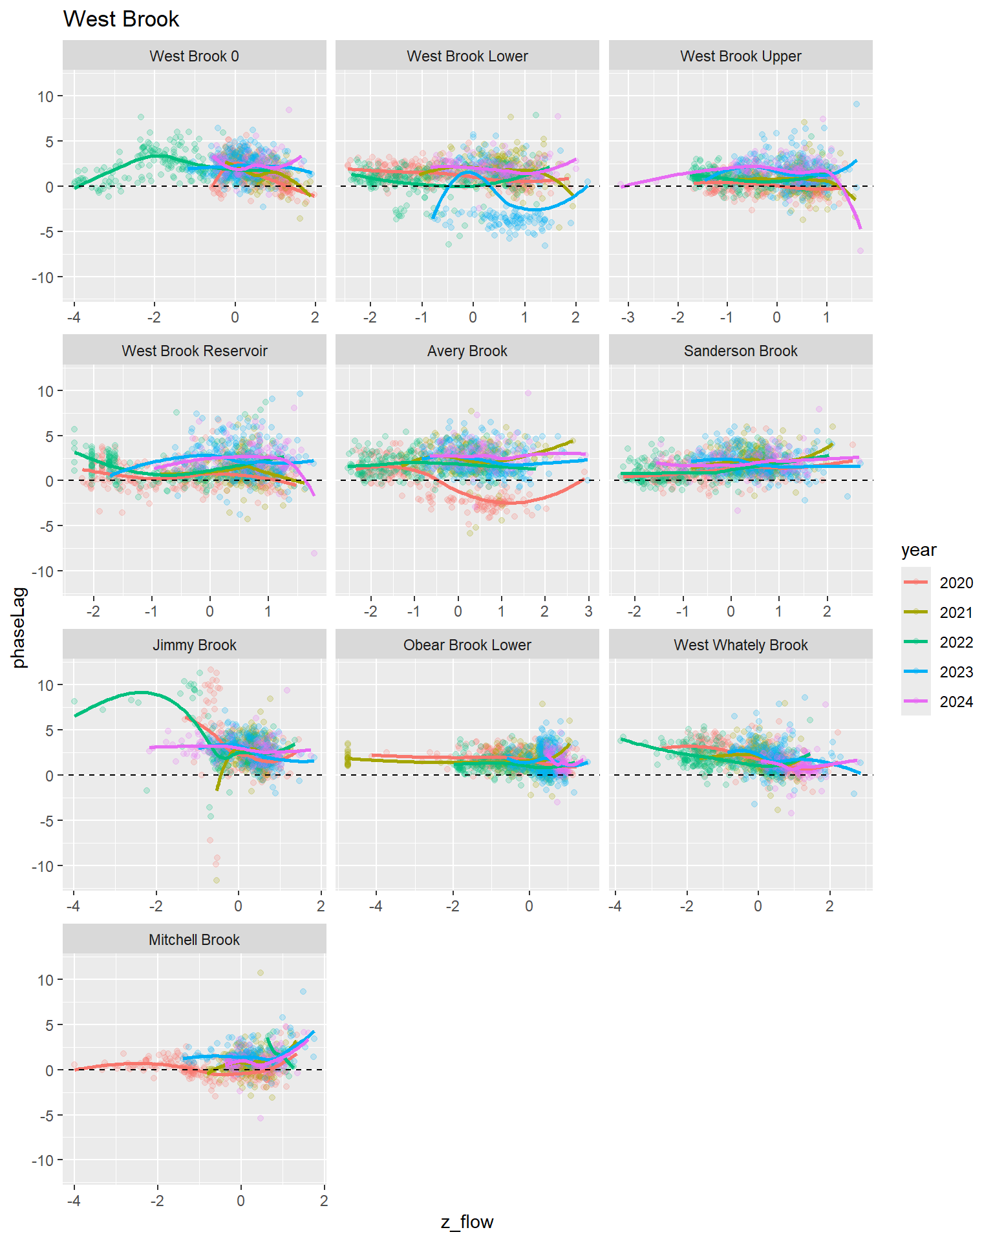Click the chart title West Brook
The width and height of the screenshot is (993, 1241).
coord(121,19)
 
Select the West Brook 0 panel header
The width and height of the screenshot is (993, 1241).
coord(194,56)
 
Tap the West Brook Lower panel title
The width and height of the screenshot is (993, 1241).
coord(467,56)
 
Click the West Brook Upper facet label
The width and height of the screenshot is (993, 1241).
coord(740,56)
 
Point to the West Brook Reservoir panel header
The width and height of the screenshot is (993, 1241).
coord(194,351)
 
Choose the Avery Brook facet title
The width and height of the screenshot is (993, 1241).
coord(467,351)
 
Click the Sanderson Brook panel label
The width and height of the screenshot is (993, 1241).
coord(740,351)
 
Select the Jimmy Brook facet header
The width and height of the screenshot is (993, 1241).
coord(194,645)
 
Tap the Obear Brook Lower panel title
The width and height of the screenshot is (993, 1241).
coord(467,645)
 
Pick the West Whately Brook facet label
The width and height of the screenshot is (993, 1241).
coord(740,645)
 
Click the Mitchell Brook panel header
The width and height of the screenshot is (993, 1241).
coord(194,940)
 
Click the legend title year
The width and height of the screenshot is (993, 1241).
coord(919,550)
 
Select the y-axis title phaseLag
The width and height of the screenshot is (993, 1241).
coord(19,627)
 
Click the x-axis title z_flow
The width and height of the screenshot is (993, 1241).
coord(467,1222)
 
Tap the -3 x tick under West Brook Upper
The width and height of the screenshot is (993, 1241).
coord(627,317)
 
